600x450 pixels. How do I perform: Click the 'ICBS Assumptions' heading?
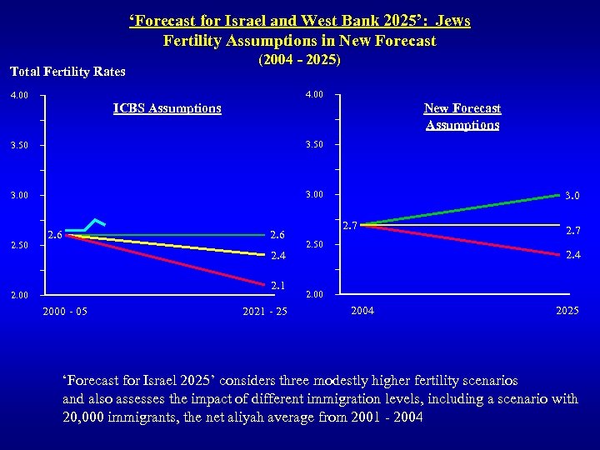tap(167, 108)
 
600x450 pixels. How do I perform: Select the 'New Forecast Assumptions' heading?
tap(462, 117)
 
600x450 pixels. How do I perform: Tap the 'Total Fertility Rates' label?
tap(68, 72)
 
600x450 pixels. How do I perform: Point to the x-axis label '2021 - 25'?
tap(264, 312)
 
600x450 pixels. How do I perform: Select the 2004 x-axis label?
tap(362, 311)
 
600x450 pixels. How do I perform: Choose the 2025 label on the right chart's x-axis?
tap(567, 311)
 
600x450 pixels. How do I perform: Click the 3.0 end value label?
tap(572, 197)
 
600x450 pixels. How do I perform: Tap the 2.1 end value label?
tap(277, 286)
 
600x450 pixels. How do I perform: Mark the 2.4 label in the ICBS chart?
tap(277, 256)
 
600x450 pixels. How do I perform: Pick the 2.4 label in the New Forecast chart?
tap(572, 255)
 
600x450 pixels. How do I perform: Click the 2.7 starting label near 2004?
tap(350, 226)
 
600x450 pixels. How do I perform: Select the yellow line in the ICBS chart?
tap(167, 245)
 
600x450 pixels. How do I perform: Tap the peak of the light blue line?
tap(97, 220)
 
